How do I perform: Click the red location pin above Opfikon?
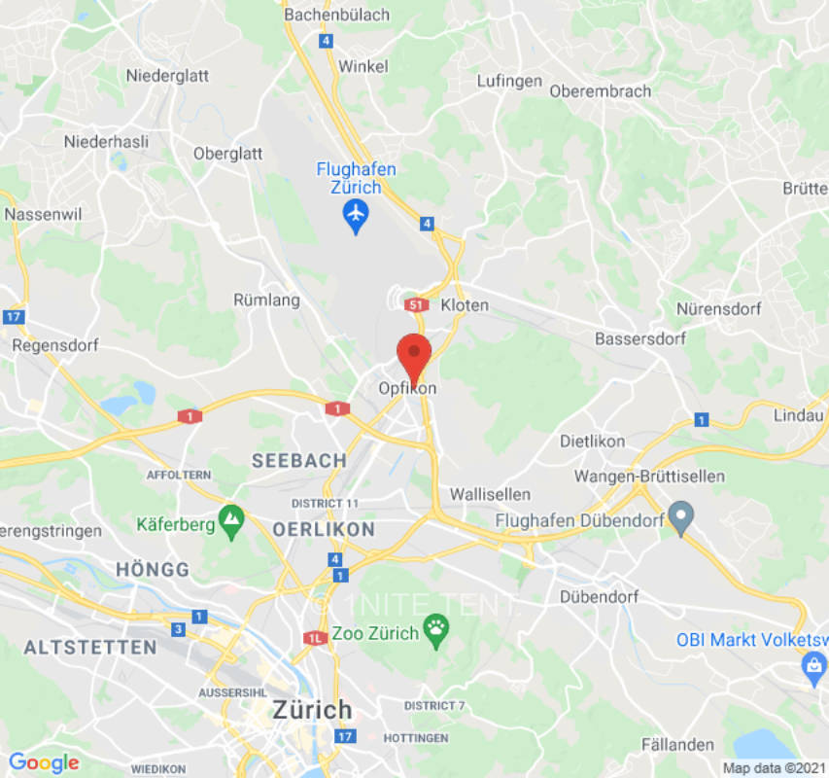[415, 354]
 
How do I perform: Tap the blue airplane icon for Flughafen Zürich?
[357, 215]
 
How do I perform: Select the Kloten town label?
[465, 305]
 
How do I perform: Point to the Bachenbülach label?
[336, 15]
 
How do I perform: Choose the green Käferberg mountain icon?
[231, 522]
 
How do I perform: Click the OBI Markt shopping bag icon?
[812, 667]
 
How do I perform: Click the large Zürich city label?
[312, 709]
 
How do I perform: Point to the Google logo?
[44, 763]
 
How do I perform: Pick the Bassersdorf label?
[640, 338]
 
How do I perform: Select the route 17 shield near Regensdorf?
[13, 317]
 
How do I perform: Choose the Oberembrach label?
[600, 90]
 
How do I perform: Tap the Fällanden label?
[677, 744]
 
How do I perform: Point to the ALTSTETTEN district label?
[89, 647]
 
